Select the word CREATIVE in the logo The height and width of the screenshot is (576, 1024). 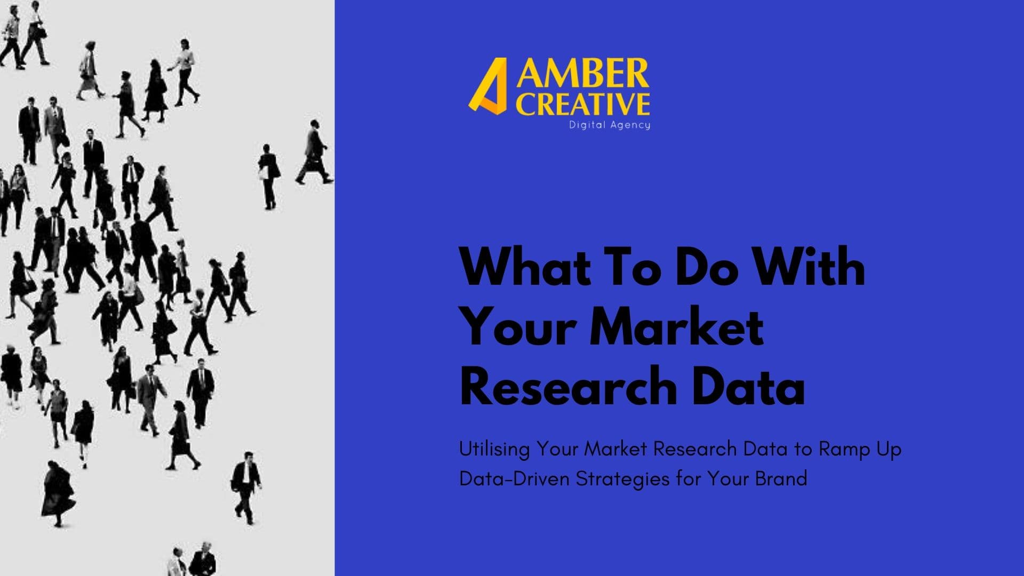coord(582,104)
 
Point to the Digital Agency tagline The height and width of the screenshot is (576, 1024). coord(610,125)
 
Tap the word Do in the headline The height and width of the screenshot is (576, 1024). coord(707,268)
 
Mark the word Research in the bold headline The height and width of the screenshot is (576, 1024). coord(568,386)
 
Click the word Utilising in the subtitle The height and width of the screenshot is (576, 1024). coord(494,450)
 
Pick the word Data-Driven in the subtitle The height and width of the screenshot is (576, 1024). coord(515,479)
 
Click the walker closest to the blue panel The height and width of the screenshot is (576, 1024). coord(315,153)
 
